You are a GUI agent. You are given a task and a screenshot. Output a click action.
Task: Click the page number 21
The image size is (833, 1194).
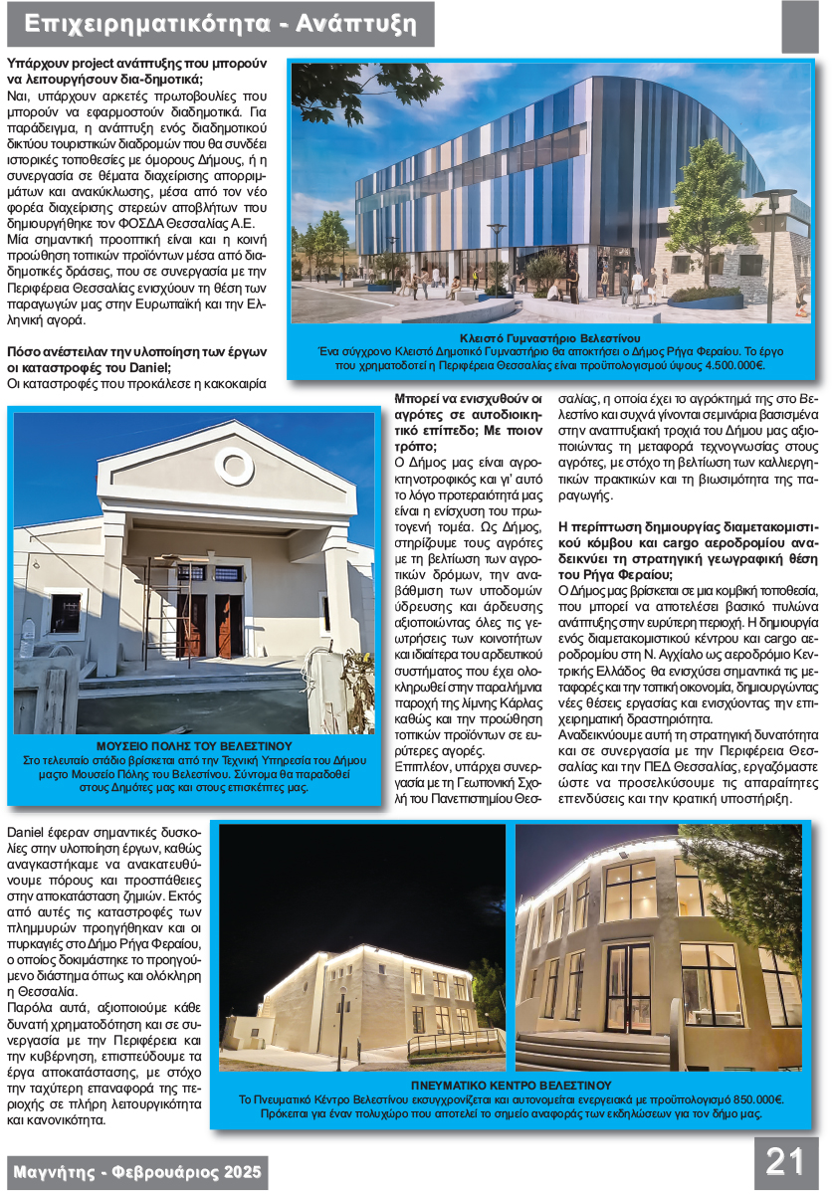point(784,1161)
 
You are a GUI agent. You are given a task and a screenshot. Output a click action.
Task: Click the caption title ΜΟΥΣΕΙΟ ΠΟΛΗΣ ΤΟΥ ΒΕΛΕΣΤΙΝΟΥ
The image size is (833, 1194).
point(194,745)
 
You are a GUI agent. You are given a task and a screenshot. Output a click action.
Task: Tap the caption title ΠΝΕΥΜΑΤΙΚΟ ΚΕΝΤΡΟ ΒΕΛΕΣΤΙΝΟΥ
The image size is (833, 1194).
point(511,1085)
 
